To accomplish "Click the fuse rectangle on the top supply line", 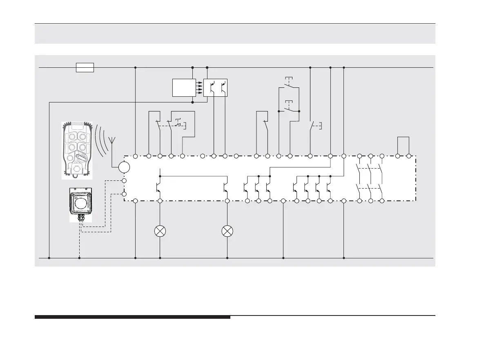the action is coord(85,67).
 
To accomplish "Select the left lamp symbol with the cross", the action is coord(160,231).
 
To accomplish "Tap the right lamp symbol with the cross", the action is coord(227,231).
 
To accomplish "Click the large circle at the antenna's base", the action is coord(124,167).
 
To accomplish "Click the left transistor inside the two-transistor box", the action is coord(211,87).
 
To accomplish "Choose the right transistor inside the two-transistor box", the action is coord(222,87).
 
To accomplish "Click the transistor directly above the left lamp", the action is coord(159,187).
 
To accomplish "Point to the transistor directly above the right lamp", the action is coord(226,187).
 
